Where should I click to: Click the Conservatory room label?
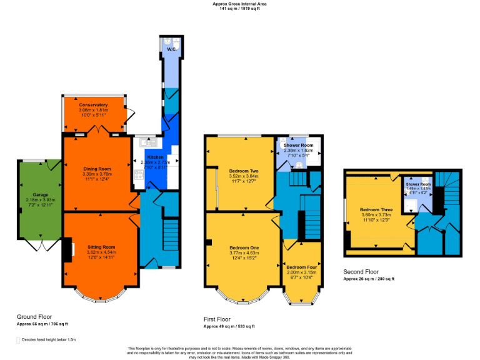tap(93, 104)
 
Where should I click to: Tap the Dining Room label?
tap(97, 169)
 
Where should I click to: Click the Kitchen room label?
tap(155, 157)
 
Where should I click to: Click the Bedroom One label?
tap(242, 247)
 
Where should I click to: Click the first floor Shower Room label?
tap(298, 145)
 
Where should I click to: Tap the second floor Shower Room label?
tap(418, 184)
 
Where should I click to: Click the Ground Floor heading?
tap(34, 316)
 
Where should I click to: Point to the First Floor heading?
tap(217, 319)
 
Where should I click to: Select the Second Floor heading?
tap(361, 272)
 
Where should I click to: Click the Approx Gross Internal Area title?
tap(239, 4)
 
